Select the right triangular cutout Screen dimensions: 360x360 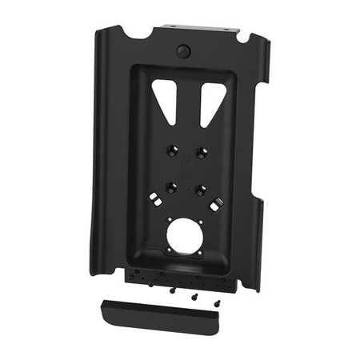(209, 98)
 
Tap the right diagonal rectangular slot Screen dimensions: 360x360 (216, 205)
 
